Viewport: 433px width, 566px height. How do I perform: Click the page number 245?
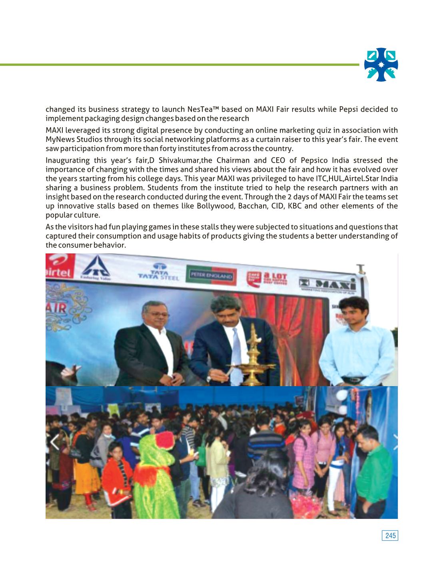point(391,535)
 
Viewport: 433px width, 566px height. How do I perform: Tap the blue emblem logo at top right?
point(381,65)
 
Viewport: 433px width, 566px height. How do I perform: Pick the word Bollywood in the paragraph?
point(215,206)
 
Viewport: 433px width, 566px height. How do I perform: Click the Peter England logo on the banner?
point(211,276)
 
